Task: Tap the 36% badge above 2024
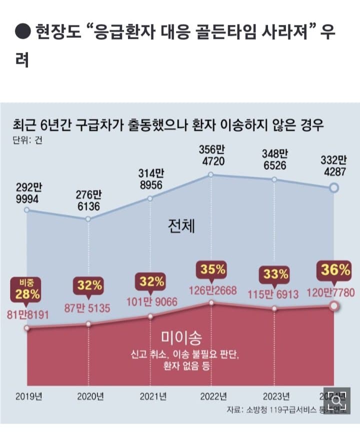(x=336, y=271)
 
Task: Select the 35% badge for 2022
(x=211, y=270)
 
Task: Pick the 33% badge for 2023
(x=273, y=274)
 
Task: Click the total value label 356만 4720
(x=211, y=155)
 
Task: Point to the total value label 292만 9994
(x=26, y=193)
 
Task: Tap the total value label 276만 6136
(x=88, y=200)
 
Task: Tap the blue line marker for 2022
(x=211, y=174)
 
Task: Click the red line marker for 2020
(x=88, y=324)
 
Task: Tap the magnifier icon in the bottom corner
(x=336, y=400)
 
